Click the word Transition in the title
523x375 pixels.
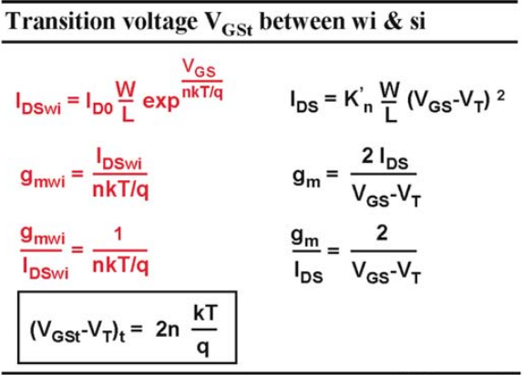click(61, 21)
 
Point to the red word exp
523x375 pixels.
click(161, 102)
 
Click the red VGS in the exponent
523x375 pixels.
click(200, 68)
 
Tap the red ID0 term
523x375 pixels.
click(99, 103)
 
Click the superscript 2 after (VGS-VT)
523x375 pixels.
click(500, 96)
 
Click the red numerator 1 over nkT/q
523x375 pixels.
click(118, 235)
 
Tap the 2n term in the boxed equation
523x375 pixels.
click(168, 329)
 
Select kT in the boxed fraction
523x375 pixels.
click(205, 313)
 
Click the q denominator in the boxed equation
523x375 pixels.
click(203, 349)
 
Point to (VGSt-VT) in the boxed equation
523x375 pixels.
click(75, 331)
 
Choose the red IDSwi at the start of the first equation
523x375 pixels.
click(38, 103)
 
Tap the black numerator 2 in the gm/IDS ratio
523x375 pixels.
click(382, 233)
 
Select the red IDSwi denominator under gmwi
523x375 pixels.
click(46, 269)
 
